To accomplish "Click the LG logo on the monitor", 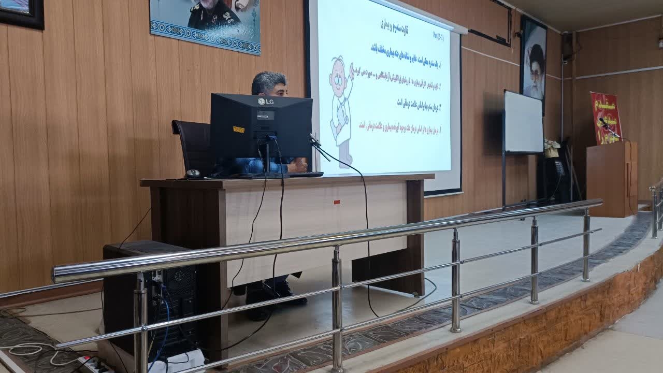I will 266,102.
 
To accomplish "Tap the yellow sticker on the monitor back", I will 239,129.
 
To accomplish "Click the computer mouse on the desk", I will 193,174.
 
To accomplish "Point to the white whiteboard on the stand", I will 523,122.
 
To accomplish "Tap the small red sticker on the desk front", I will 337,201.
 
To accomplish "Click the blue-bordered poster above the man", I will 205,23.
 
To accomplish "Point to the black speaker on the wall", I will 567,47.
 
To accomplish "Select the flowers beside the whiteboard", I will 551,147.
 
